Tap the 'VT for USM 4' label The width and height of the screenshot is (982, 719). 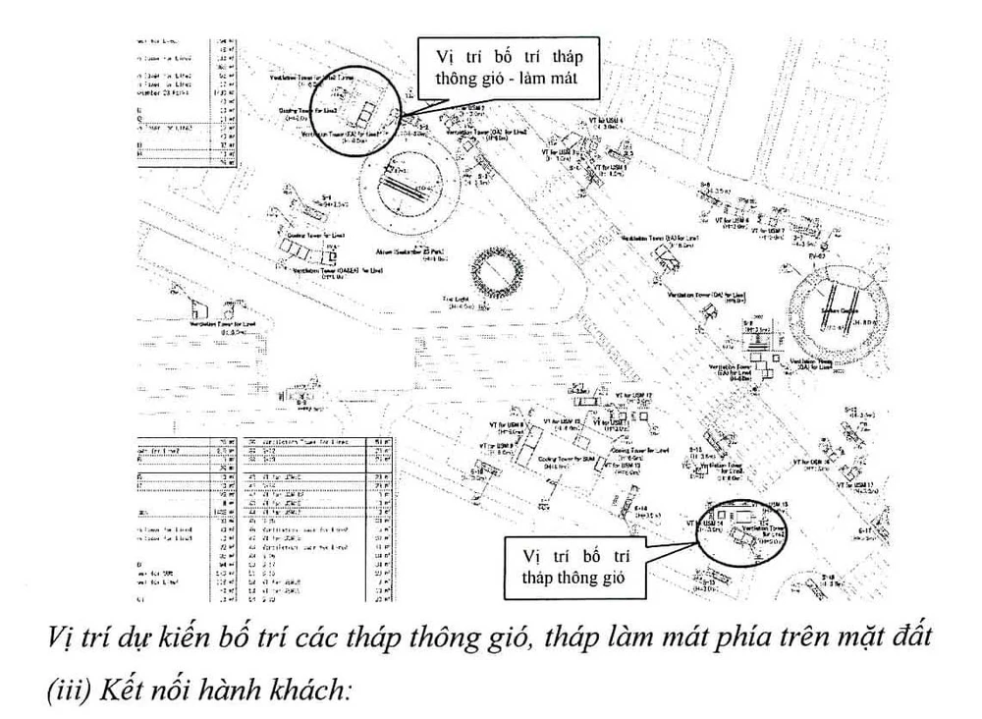pyautogui.click(x=606, y=121)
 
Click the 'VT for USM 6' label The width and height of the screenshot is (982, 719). pyautogui.click(x=731, y=221)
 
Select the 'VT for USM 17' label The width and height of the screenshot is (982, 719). pyautogui.click(x=854, y=484)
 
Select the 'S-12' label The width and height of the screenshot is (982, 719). pyautogui.click(x=850, y=409)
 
